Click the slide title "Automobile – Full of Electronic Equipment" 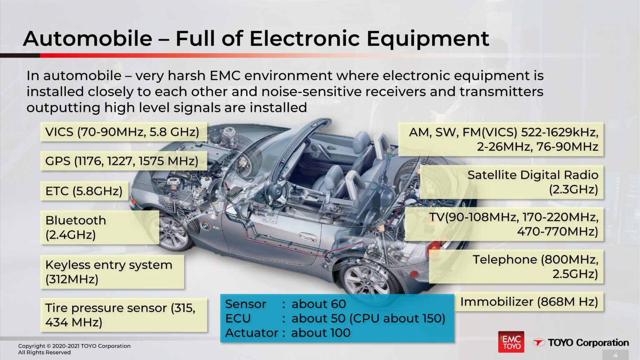256,38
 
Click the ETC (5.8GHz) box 84,191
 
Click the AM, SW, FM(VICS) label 501,139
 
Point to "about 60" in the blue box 319,304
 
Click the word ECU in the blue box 238,318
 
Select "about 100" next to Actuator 321,333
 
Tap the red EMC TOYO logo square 511,342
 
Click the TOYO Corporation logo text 587,342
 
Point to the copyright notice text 74,349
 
